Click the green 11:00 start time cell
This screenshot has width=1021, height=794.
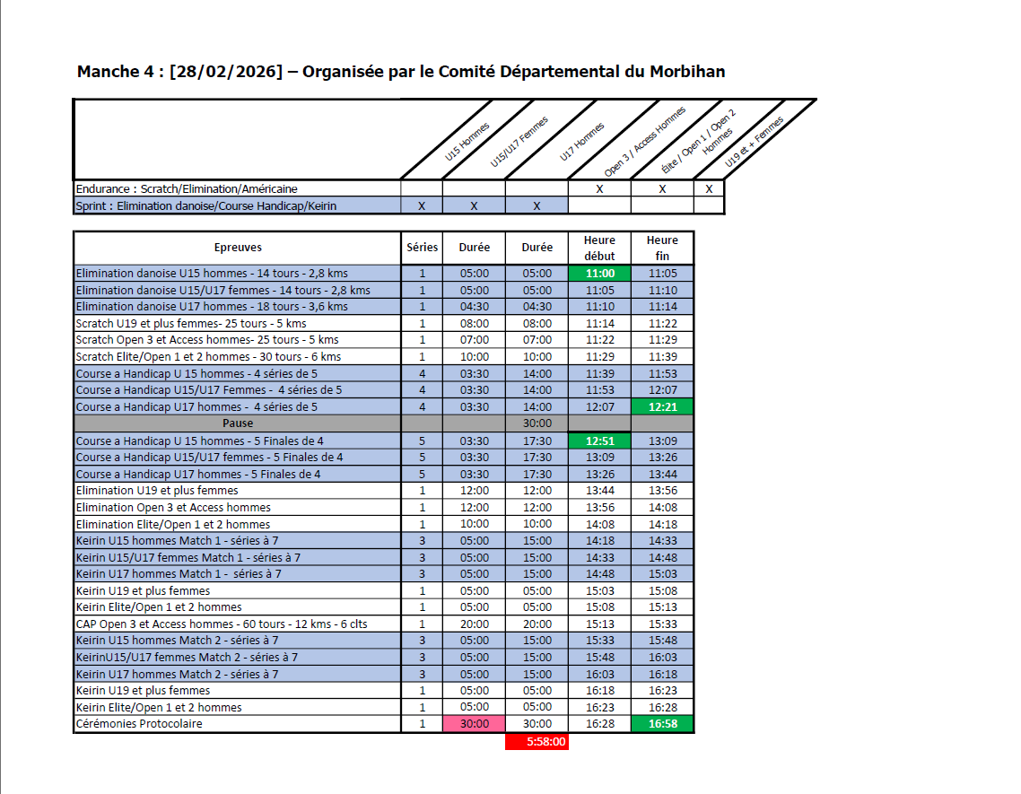point(599,273)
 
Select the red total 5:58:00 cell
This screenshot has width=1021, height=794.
point(537,742)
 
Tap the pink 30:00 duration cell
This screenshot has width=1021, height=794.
point(474,724)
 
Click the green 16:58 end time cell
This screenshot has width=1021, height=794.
point(662,724)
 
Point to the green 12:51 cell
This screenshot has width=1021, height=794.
point(599,441)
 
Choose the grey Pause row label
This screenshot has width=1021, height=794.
point(238,423)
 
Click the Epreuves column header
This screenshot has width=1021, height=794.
point(238,248)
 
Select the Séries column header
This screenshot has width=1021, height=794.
point(422,248)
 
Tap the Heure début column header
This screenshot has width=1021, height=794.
point(599,248)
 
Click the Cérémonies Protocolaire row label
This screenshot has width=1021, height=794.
point(139,724)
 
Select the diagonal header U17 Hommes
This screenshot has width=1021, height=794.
point(582,143)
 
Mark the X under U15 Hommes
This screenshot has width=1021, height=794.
point(422,206)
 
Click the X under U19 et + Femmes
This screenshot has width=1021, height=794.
point(709,189)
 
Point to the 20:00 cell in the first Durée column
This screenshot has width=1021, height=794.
point(474,624)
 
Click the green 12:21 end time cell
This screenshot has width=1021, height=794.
point(662,406)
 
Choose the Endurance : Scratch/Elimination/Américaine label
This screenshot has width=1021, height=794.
point(187,189)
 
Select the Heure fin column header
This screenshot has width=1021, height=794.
point(662,248)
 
